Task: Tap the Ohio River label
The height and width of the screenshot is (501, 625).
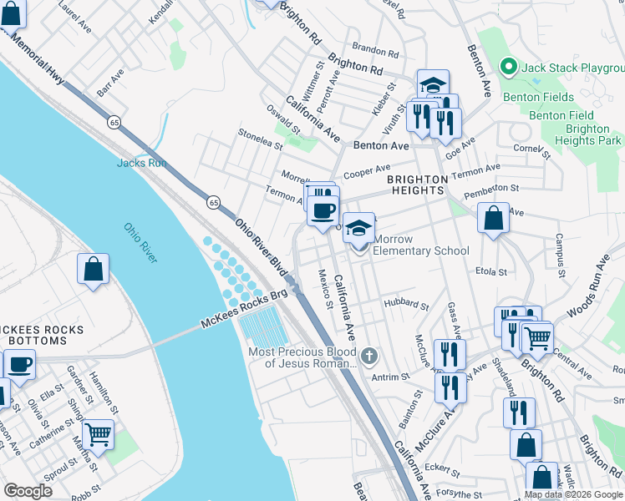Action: (x=140, y=242)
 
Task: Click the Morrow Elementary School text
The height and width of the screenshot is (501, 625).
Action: (x=421, y=245)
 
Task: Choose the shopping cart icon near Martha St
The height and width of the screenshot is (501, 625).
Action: (x=99, y=434)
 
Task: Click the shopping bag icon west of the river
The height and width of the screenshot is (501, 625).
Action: (x=93, y=269)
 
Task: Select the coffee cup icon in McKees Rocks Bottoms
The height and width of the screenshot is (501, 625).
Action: (x=20, y=365)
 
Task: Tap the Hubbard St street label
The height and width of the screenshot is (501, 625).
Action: (x=405, y=304)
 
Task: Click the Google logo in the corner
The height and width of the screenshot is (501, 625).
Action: (x=28, y=491)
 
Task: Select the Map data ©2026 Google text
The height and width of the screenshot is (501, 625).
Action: (x=573, y=494)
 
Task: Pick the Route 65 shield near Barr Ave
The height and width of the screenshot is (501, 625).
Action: (x=113, y=122)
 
